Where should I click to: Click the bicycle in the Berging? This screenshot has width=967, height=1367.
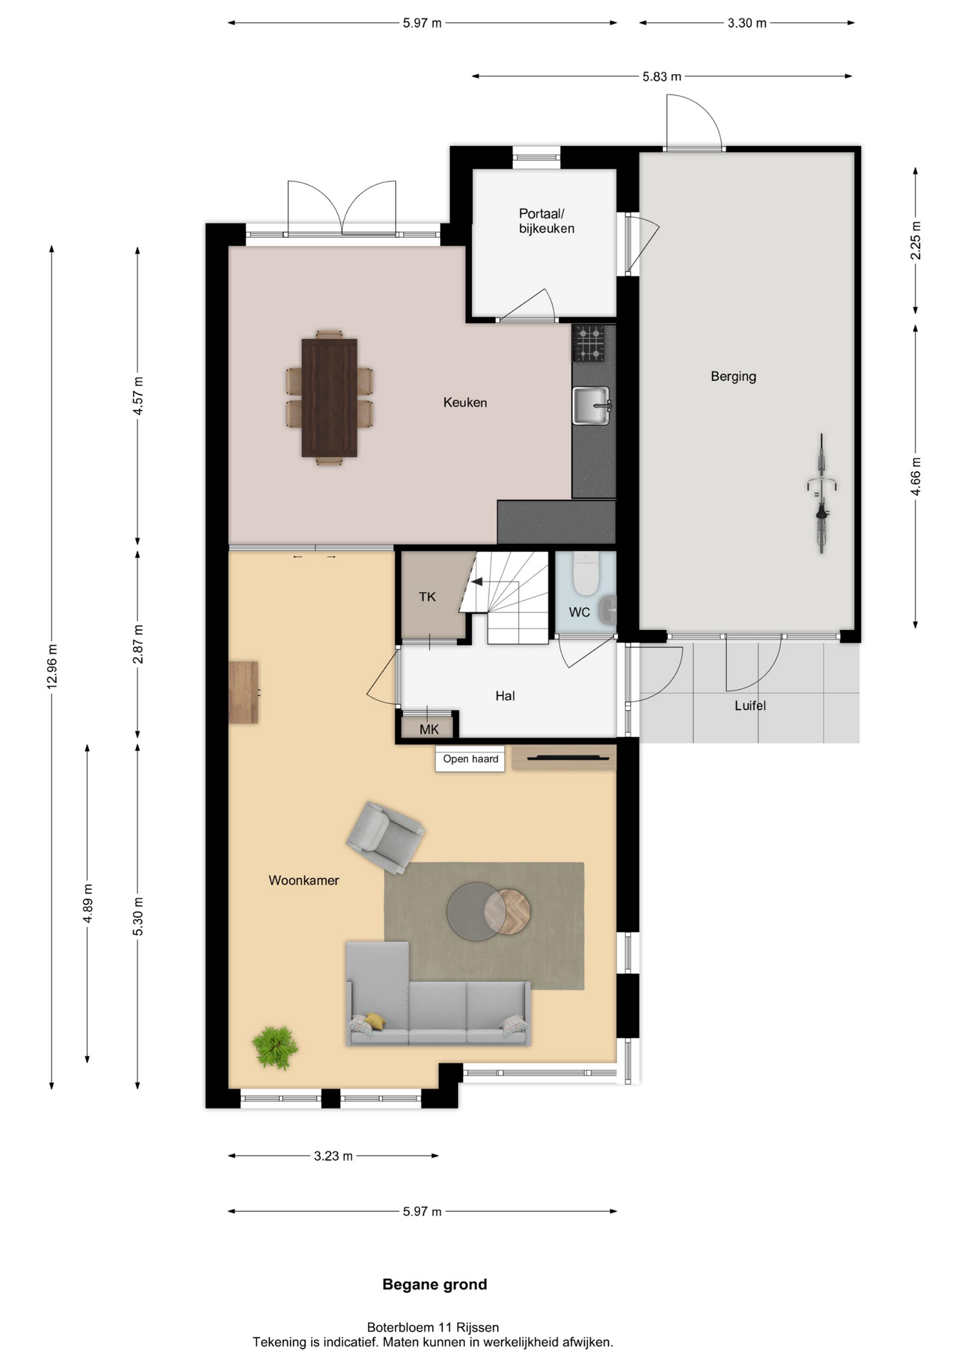pos(821,493)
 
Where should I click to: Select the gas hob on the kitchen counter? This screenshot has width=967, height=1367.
pos(589,343)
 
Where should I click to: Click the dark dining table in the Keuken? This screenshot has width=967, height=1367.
pos(329,397)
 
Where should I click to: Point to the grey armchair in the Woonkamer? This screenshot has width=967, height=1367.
pos(385,837)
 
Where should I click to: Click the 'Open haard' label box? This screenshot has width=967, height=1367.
pos(470,759)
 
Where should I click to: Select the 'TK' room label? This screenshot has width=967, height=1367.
pos(427,597)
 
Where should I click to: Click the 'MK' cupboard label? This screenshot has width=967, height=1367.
pos(429,729)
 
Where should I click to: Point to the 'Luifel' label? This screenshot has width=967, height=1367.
pos(751,706)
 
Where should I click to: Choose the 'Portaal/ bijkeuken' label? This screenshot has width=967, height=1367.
pos(546,221)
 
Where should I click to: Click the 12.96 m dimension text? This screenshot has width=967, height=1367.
pos(52,666)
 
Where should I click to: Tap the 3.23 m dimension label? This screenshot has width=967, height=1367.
pos(333,1156)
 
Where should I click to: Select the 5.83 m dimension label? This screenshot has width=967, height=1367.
pos(662,76)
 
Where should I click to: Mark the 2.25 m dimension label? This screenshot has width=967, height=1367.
pos(916,241)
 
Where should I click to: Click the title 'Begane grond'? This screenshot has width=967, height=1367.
pos(434,1284)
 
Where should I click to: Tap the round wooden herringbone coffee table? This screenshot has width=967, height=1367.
pos(508,912)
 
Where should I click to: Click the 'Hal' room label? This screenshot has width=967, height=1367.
pos(505,696)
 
